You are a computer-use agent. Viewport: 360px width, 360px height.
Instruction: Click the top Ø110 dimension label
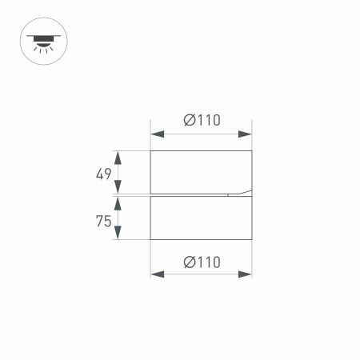click(202, 121)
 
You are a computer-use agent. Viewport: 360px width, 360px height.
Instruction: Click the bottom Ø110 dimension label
click(202, 262)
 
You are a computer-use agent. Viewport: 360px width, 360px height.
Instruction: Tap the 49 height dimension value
click(103, 174)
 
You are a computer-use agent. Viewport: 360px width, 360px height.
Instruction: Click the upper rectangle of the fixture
click(201, 171)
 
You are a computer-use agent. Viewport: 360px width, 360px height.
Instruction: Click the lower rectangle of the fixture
click(201, 218)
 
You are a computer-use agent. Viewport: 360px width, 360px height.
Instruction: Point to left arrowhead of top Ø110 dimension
click(156, 134)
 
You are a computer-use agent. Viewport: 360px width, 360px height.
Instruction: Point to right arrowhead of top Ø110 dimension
click(246, 134)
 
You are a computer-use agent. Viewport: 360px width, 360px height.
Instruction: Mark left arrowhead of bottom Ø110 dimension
click(156, 274)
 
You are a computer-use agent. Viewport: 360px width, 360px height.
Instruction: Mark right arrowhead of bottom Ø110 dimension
click(246, 274)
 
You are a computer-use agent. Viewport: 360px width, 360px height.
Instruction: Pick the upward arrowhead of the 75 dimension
click(118, 202)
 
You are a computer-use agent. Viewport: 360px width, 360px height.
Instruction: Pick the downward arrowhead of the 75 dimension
click(118, 234)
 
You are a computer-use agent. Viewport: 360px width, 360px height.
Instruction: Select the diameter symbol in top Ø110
click(189, 121)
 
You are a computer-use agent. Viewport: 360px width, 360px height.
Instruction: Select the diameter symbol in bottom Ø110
click(189, 262)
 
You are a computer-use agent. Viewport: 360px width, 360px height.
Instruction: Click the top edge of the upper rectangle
click(201, 150)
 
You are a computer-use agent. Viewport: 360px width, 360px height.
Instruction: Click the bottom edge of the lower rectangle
click(201, 238)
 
